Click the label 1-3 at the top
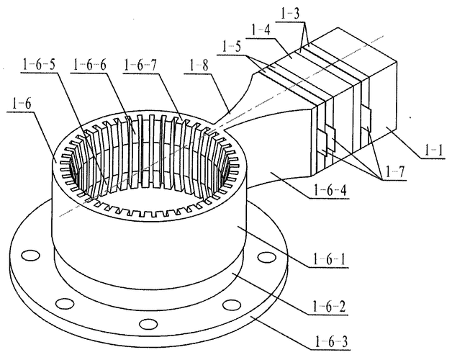[x=290, y=14]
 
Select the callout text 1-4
[x=261, y=30]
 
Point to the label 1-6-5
[x=38, y=65]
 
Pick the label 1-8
[x=199, y=66]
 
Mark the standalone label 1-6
[x=21, y=104]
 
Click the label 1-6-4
[x=330, y=190]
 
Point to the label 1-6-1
[x=329, y=260]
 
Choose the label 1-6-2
[x=329, y=307]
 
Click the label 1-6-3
[x=331, y=342]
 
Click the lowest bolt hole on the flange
[x=148, y=324]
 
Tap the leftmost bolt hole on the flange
[x=30, y=256]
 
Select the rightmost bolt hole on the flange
[x=266, y=257]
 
